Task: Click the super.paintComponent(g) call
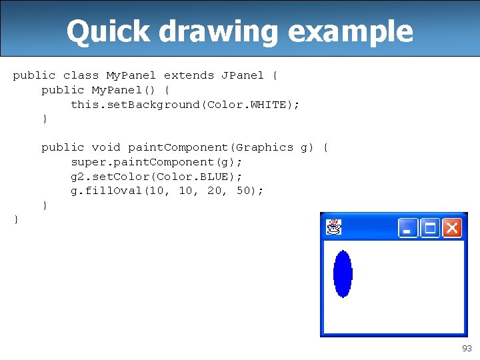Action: [156, 162]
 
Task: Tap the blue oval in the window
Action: [343, 273]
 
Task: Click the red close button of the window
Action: [452, 229]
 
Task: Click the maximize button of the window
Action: [430, 229]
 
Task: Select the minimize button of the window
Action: [408, 229]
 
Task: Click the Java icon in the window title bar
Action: [333, 228]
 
